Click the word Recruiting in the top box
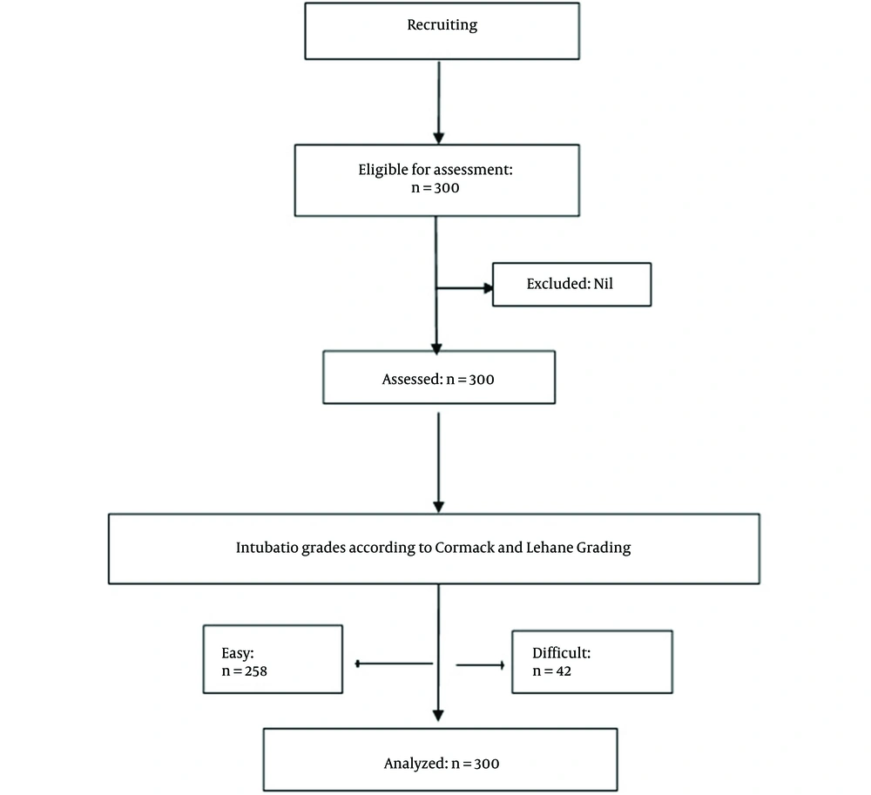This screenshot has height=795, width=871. pos(442,25)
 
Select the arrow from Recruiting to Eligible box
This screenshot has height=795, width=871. pos(439,102)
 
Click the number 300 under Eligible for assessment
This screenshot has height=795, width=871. pos(447,187)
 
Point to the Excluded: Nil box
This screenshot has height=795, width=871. pos(571,284)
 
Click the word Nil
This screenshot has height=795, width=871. pos(604,284)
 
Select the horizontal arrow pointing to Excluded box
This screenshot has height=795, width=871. pos(465,288)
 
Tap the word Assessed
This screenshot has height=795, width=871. pos(413,379)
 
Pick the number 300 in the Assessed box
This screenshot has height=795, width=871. pos(482,380)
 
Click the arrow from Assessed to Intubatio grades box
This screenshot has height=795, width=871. pos(438,462)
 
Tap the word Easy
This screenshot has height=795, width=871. pos(238,653)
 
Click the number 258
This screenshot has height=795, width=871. pos(256,671)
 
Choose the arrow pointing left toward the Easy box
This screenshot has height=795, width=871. pos(394,664)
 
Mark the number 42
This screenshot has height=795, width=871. pos(564,671)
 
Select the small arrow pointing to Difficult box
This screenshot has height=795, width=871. pos(481,664)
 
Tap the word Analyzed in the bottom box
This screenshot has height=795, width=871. pos(416,764)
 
